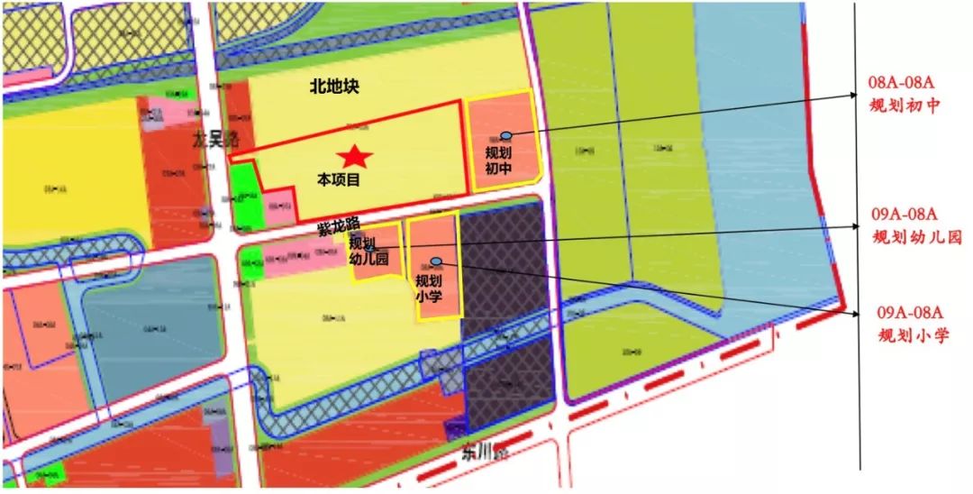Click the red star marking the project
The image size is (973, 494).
coord(355,156)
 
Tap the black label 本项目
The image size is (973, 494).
coord(339,179)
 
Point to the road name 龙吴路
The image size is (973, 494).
coord(216,140)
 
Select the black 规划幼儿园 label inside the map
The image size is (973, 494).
coord(368,251)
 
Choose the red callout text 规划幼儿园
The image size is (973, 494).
coord(917,237)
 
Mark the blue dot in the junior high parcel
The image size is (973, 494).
coord(505,134)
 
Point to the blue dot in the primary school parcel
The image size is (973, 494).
coord(436,261)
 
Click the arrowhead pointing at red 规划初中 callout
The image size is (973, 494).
coord(859,94)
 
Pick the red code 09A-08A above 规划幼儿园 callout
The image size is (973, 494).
coord(905,215)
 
